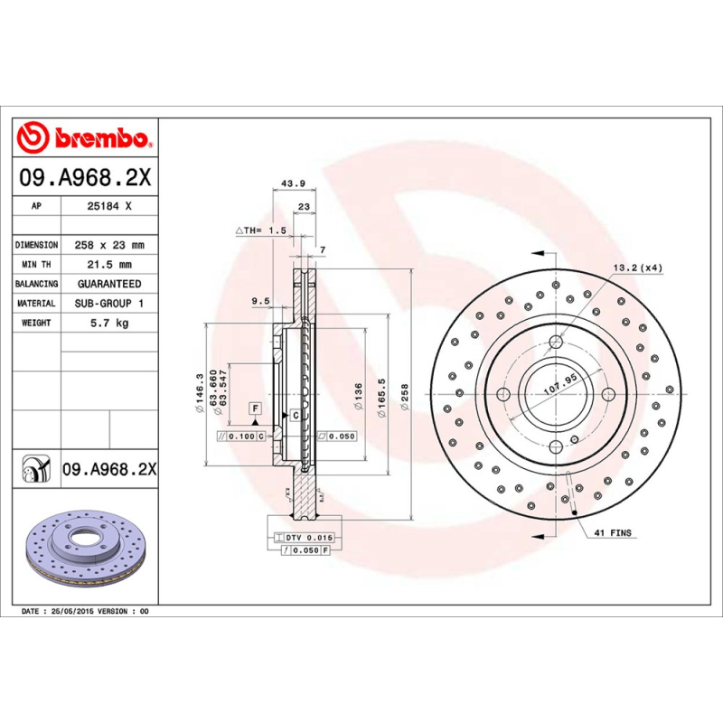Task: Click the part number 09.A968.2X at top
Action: click(84, 178)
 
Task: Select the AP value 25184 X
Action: click(109, 206)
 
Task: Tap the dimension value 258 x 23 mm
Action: click(109, 245)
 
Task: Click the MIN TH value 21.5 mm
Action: click(109, 265)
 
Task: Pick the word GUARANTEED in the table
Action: click(109, 284)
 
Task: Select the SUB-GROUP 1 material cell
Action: click(109, 304)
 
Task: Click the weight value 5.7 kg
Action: click(109, 323)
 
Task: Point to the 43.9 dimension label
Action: click(294, 183)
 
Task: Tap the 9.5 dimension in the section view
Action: click(261, 302)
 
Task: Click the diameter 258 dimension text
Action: click(406, 398)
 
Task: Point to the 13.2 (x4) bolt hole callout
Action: click(638, 268)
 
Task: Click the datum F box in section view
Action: click(256, 408)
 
